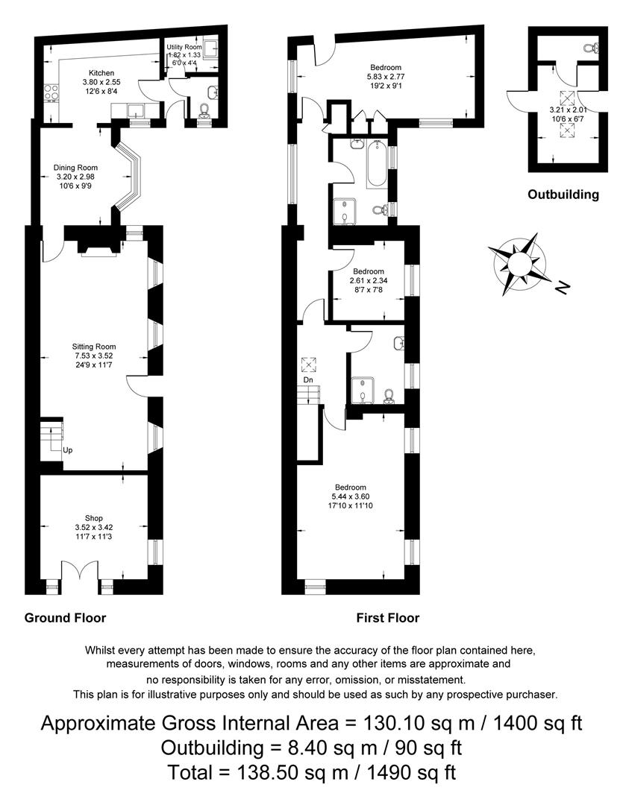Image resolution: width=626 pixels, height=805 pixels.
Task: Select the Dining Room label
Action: click(75, 168)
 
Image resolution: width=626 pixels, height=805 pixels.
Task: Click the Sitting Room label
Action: click(94, 347)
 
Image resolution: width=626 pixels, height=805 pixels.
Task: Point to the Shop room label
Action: click(94, 518)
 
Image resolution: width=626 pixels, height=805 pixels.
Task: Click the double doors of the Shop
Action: click(78, 574)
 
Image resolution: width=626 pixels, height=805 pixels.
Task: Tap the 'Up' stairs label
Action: click(68, 451)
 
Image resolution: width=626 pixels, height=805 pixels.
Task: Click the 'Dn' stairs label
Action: click(307, 380)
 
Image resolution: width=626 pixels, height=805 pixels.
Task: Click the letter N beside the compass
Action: click(563, 286)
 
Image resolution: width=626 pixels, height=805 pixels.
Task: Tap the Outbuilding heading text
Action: click(563, 195)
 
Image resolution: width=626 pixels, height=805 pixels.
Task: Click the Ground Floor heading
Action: click(65, 618)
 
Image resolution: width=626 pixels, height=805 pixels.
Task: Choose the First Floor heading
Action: click(388, 618)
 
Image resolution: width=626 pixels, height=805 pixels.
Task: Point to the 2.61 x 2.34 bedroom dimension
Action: click(369, 281)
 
